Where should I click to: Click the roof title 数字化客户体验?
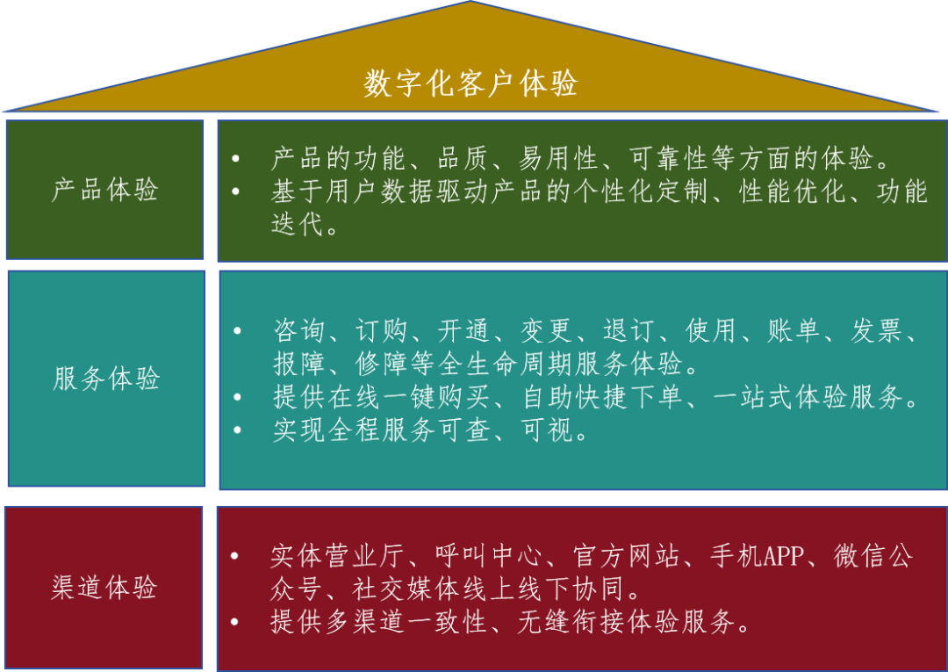pyautogui.click(x=470, y=84)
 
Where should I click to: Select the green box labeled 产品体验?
pyautogui.click(x=105, y=190)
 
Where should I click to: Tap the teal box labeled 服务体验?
pyautogui.click(x=106, y=379)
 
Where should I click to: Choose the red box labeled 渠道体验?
pyautogui.click(x=104, y=588)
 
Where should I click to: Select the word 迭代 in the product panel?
pyautogui.click(x=293, y=224)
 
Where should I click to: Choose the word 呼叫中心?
pyautogui.click(x=490, y=556)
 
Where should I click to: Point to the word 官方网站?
pyautogui.click(x=626, y=556)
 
